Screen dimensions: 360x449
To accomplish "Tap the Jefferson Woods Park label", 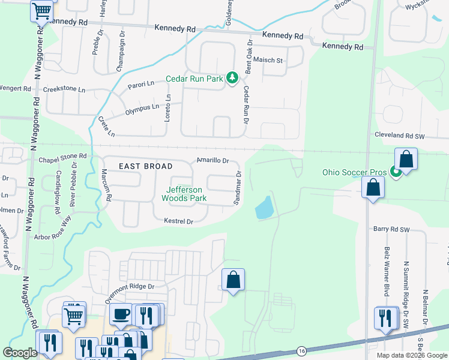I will (x=186, y=193).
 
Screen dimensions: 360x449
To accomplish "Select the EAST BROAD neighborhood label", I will (x=145, y=166).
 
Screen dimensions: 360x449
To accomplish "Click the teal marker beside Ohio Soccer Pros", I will (x=396, y=173).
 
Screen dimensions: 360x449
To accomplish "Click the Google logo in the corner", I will (x=20, y=353).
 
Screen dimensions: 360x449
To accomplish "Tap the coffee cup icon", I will (x=121, y=314).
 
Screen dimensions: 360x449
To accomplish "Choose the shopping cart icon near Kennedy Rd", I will (x=42, y=10).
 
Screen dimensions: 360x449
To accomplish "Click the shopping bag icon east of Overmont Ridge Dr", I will (x=233, y=280).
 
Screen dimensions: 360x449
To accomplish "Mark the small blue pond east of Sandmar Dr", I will (x=264, y=210).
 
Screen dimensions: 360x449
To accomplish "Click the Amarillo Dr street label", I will (x=213, y=161).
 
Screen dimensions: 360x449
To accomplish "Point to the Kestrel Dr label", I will (x=178, y=221).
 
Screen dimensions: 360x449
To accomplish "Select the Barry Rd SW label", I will (x=391, y=229).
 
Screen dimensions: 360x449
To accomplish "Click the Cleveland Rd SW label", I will (x=399, y=136).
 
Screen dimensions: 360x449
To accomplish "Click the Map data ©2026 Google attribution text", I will (x=411, y=355).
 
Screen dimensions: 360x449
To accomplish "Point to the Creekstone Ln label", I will (x=64, y=89).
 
